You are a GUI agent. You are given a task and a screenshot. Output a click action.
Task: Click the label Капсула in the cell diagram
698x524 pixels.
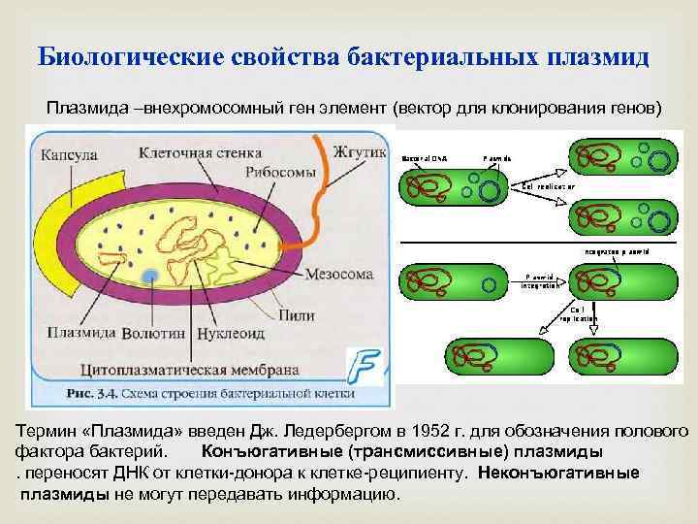coord(66,152)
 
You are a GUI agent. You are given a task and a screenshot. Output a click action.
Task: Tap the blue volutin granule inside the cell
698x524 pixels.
coord(149,278)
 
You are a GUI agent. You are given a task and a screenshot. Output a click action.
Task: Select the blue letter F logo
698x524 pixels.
coord(366,366)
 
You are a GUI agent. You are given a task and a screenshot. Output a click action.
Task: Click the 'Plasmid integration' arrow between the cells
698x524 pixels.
coord(540,281)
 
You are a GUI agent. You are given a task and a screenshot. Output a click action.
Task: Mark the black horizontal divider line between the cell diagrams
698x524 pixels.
coord(543,242)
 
